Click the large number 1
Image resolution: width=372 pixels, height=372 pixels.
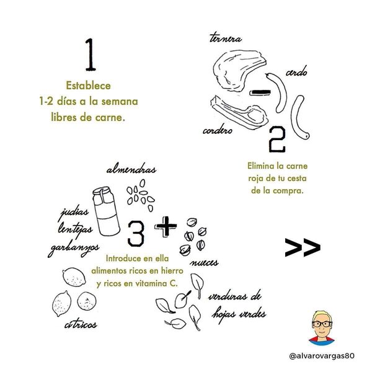pos(91,55)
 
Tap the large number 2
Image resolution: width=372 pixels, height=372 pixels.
pos(277,139)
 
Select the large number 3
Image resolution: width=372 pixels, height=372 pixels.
pos(136,234)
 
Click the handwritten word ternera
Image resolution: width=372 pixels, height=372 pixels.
pos(226,38)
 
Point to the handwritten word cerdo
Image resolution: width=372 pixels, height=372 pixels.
pos(296,71)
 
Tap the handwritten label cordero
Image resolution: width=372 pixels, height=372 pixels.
pos(218,130)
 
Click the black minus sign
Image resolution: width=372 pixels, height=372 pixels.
pos(260,92)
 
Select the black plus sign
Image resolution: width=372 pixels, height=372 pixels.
pos(166,226)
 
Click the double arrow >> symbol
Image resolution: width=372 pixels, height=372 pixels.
pos(303,247)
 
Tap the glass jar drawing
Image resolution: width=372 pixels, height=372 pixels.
pos(106,211)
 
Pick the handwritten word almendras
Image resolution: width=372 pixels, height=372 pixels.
pos(131,170)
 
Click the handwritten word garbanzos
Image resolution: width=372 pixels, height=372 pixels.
pos(73,249)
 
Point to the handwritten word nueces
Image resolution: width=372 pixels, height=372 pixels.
pos(204,263)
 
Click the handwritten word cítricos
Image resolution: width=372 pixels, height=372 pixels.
pos(81,324)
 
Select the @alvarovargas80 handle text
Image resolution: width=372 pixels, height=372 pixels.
pos(322,356)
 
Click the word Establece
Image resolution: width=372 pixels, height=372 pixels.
pos(88,86)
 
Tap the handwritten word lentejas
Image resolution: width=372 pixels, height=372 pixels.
pos(75,229)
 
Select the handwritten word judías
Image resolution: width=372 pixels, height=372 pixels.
pos(74,212)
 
